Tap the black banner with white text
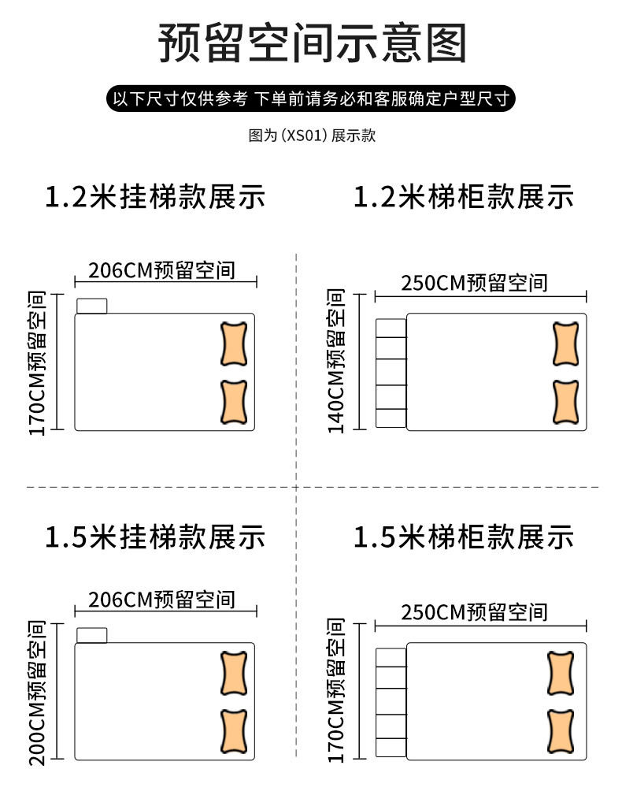coord(312,99)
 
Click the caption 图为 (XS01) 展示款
coord(312,136)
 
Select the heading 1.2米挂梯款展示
coord(155,197)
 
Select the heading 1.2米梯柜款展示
coord(464,197)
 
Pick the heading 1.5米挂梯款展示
coord(155,537)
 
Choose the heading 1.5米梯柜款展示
coord(464,537)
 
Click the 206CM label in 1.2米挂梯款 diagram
coord(161,270)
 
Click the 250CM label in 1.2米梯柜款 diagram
coord(474,283)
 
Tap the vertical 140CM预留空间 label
coord(336,361)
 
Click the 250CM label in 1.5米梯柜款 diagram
coord(474,611)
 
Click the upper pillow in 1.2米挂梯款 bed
coord(234,344)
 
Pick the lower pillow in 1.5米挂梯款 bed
coord(234,733)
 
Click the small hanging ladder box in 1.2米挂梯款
coord(92,306)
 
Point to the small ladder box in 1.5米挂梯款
coord(92,635)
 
